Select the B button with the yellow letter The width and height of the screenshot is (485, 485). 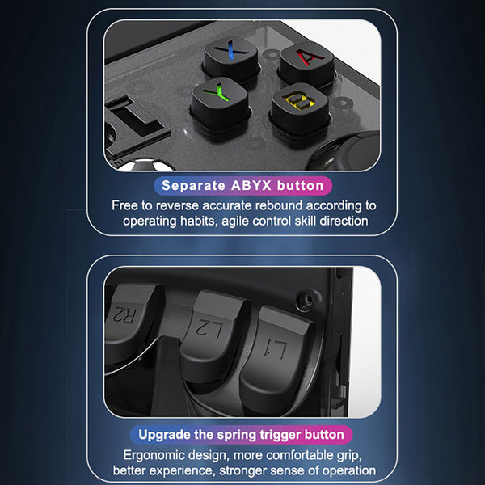tap(300, 108)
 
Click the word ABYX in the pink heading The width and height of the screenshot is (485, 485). tap(251, 186)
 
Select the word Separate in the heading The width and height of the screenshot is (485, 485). tap(194, 186)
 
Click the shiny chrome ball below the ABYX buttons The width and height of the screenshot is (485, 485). tap(145, 165)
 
